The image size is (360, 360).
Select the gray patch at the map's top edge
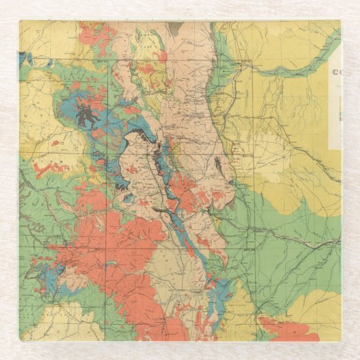tap(175, 28)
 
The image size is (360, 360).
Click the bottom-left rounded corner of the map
tap(22, 338)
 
